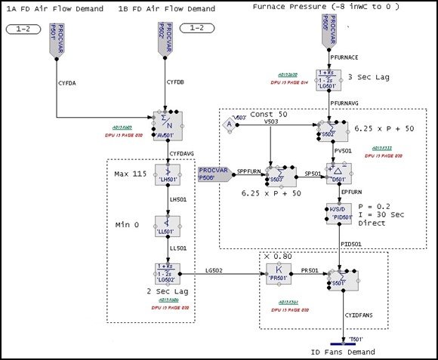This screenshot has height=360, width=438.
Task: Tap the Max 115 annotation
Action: (x=129, y=175)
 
